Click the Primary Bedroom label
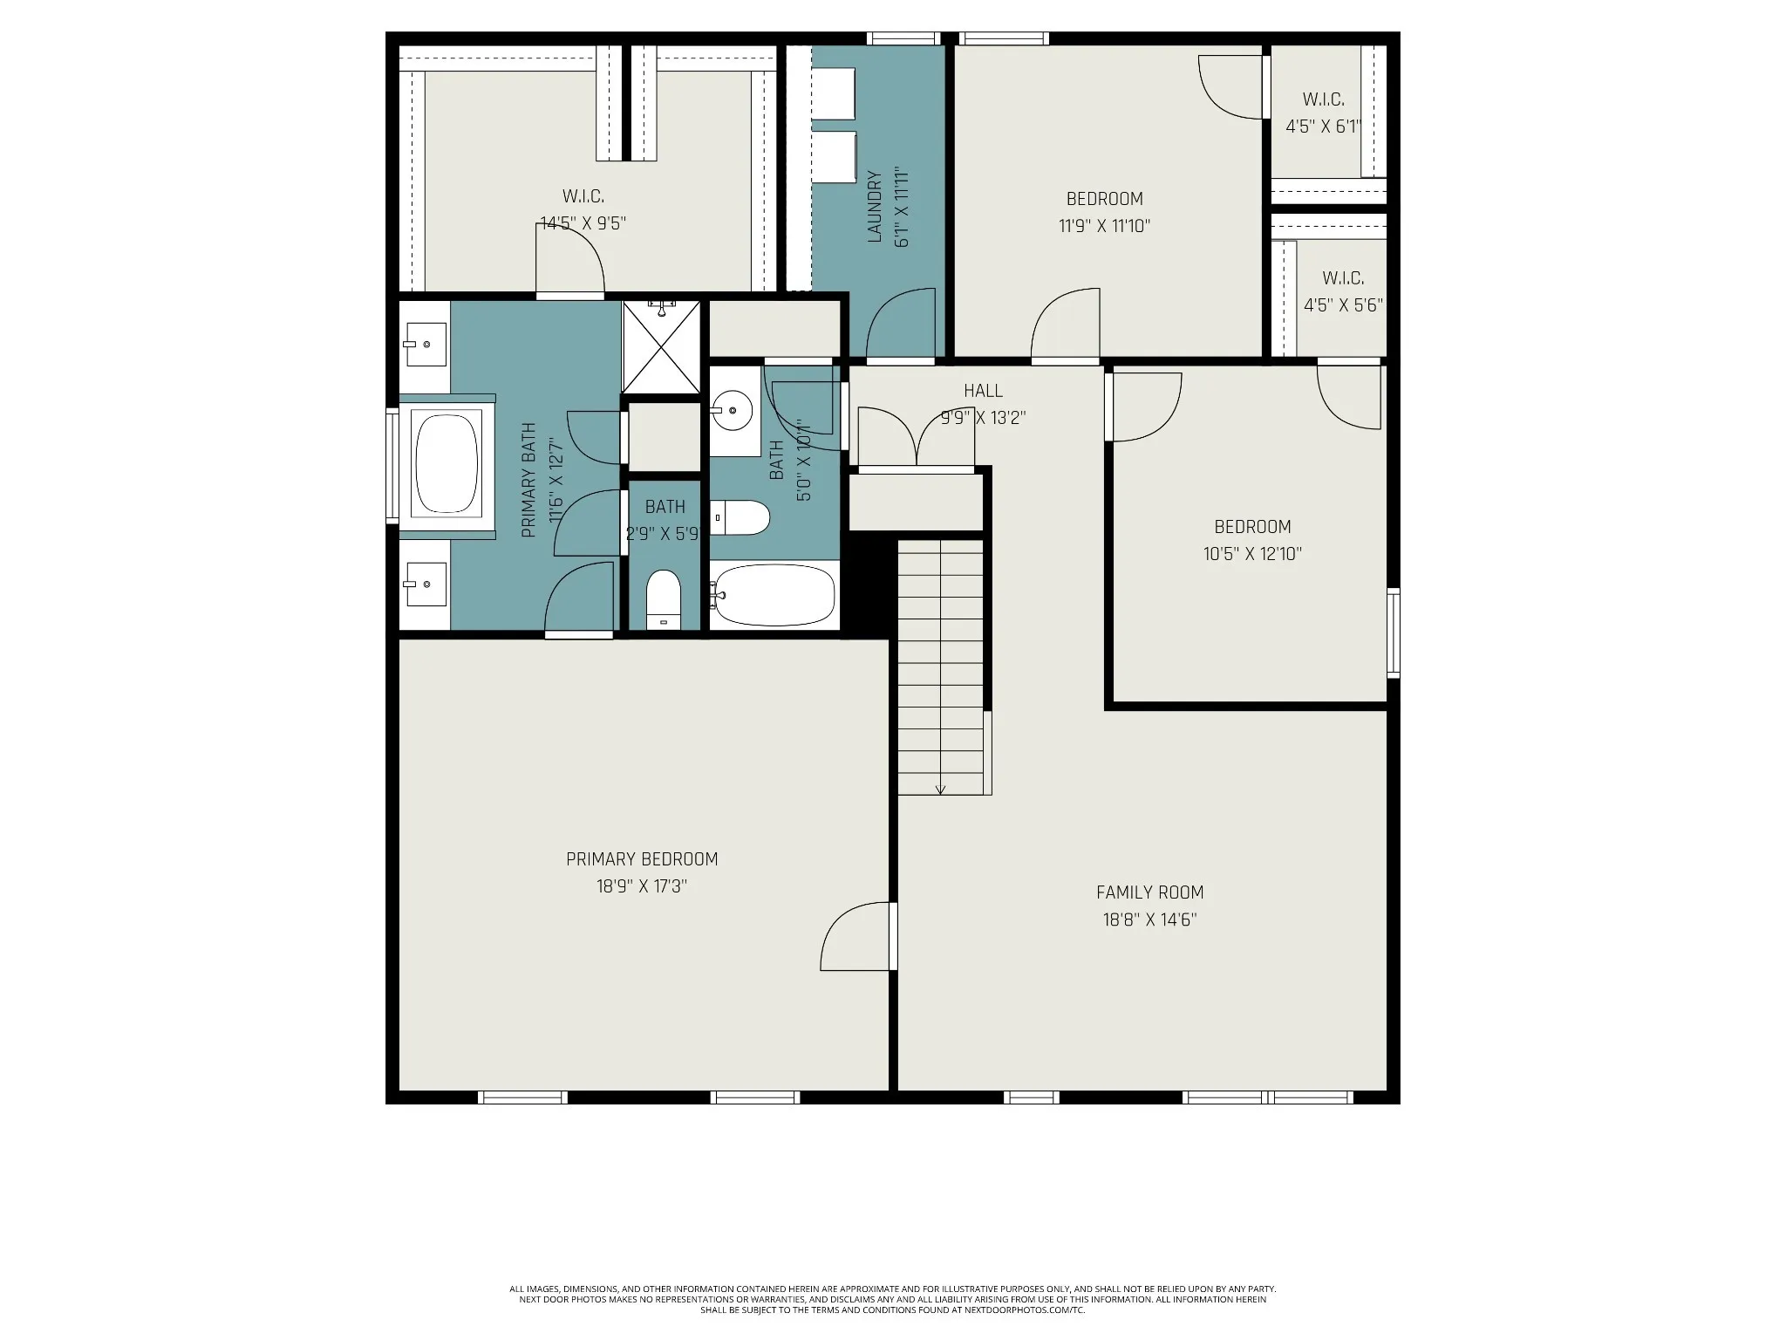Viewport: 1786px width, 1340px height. pos(642,859)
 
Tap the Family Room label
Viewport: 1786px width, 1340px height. pos(1149,892)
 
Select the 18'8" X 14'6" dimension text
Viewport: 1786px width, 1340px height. pos(1149,920)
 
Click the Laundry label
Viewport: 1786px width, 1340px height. pos(876,207)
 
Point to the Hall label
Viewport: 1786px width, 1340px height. pos(983,391)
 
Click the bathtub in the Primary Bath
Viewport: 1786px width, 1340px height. pos(447,462)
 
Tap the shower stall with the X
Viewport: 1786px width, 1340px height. pos(661,346)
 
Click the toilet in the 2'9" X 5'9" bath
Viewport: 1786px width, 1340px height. pos(664,599)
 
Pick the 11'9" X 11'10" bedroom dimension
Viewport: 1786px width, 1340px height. pos(1104,226)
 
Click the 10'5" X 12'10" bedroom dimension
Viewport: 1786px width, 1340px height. pos(1252,554)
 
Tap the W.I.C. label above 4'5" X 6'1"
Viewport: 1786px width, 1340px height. pos(1323,99)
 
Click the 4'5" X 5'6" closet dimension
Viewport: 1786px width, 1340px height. pos(1343,305)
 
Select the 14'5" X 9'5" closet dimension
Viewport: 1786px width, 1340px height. pos(583,223)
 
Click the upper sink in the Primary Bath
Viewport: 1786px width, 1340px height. pos(425,345)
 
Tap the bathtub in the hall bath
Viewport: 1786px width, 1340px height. pos(773,595)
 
